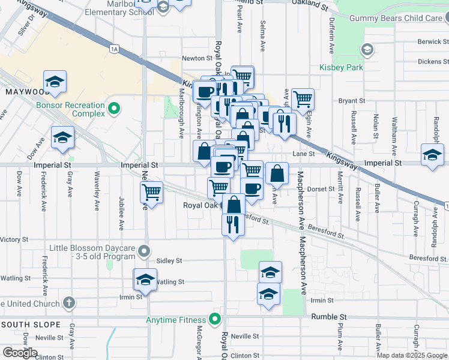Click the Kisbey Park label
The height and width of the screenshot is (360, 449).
pos(341,67)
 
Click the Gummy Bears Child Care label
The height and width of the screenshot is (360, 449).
pos(399,18)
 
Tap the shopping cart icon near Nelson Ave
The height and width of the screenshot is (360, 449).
pos(152,193)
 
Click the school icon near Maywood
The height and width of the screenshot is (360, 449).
pos(55,82)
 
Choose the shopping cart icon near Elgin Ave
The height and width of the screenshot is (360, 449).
pos(303,98)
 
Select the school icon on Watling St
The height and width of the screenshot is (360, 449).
pos(145,279)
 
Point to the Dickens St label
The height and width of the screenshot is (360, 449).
pos(433,61)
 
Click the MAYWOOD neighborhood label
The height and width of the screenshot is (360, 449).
pos(26,92)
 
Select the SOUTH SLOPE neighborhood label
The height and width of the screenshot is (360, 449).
pos(29,324)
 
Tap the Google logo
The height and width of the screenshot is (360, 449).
pos(19,353)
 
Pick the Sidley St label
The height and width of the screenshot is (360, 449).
pos(169,261)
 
